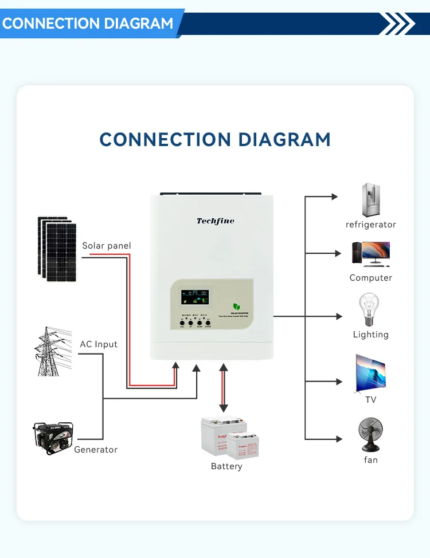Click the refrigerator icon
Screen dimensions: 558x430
click(371, 200)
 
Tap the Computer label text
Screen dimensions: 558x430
click(371, 278)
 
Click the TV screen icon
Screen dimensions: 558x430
click(370, 372)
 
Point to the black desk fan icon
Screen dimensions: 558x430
click(370, 435)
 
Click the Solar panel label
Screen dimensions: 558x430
click(106, 246)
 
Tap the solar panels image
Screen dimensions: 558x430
click(57, 248)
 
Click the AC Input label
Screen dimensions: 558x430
click(99, 344)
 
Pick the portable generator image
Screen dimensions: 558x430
click(52, 438)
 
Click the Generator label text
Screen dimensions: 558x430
click(96, 450)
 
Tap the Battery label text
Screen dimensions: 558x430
click(226, 466)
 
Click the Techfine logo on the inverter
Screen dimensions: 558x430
click(215, 221)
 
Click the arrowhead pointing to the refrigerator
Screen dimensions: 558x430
click(334, 197)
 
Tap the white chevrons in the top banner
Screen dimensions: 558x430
click(397, 24)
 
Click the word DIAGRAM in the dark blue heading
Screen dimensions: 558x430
click(284, 139)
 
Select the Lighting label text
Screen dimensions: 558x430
click(371, 335)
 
